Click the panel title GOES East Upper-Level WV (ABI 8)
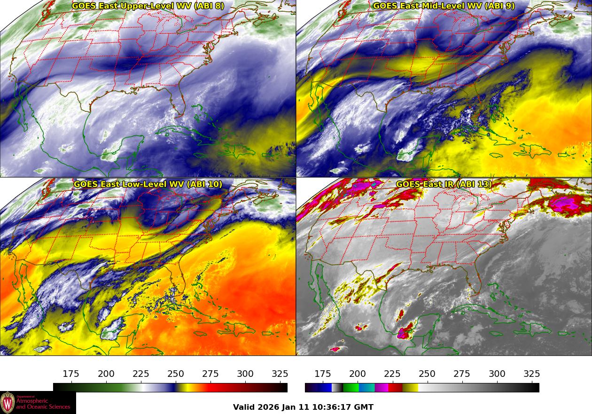148,6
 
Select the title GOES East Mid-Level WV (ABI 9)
444,6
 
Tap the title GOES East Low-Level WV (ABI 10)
148,184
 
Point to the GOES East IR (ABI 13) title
444,184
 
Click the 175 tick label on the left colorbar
71,374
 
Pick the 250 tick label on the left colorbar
176,374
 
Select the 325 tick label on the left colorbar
280,374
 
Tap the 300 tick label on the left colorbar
245,374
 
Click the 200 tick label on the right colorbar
358,374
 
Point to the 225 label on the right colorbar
392,374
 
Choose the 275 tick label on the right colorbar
462,374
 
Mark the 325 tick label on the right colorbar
532,374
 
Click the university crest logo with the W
8,403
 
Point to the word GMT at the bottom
364,407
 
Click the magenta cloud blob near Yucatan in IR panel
403,334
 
